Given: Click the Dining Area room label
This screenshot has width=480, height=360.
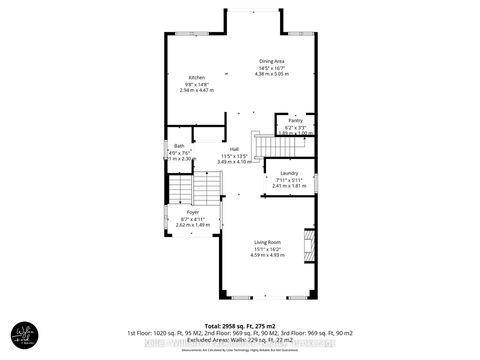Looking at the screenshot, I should (x=273, y=60).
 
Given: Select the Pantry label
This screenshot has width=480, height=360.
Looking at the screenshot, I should (x=295, y=120).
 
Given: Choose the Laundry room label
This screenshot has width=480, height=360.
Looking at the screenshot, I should (x=290, y=172).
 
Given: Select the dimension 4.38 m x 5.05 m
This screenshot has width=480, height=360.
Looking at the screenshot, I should (x=272, y=74).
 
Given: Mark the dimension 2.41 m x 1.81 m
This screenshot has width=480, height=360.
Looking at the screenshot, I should (x=290, y=186).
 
